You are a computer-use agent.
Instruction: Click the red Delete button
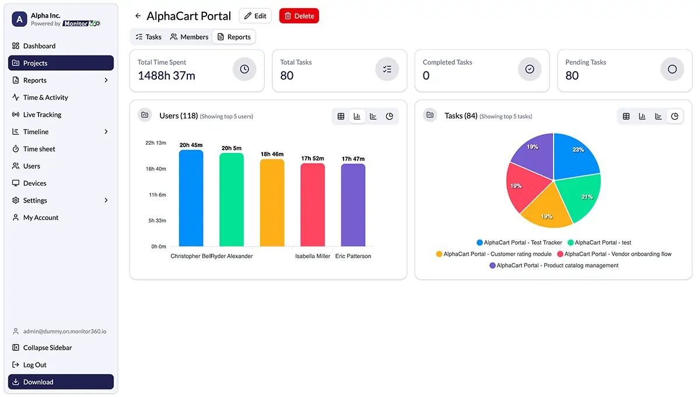click(299, 16)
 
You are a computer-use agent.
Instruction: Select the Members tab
click(189, 37)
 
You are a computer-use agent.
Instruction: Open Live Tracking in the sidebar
click(42, 114)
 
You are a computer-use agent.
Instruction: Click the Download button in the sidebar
click(61, 382)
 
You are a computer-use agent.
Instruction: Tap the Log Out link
click(34, 365)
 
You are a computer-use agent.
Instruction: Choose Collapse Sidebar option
click(47, 348)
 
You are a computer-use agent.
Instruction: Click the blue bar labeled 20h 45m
click(191, 198)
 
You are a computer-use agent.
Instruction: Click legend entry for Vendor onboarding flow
click(614, 254)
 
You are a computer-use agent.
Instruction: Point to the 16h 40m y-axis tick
click(156, 169)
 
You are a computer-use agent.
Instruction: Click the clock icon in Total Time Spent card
click(244, 69)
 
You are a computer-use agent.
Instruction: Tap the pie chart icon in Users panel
click(390, 116)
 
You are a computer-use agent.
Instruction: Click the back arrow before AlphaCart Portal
click(138, 16)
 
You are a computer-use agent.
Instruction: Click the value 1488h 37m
click(166, 76)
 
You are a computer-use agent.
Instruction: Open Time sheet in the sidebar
click(39, 149)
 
